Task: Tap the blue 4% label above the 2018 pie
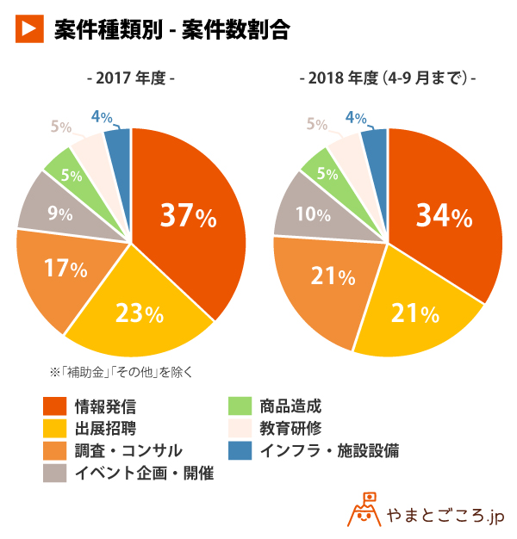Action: click(x=355, y=117)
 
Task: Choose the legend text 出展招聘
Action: click(x=105, y=428)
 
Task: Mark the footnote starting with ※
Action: click(x=121, y=372)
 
